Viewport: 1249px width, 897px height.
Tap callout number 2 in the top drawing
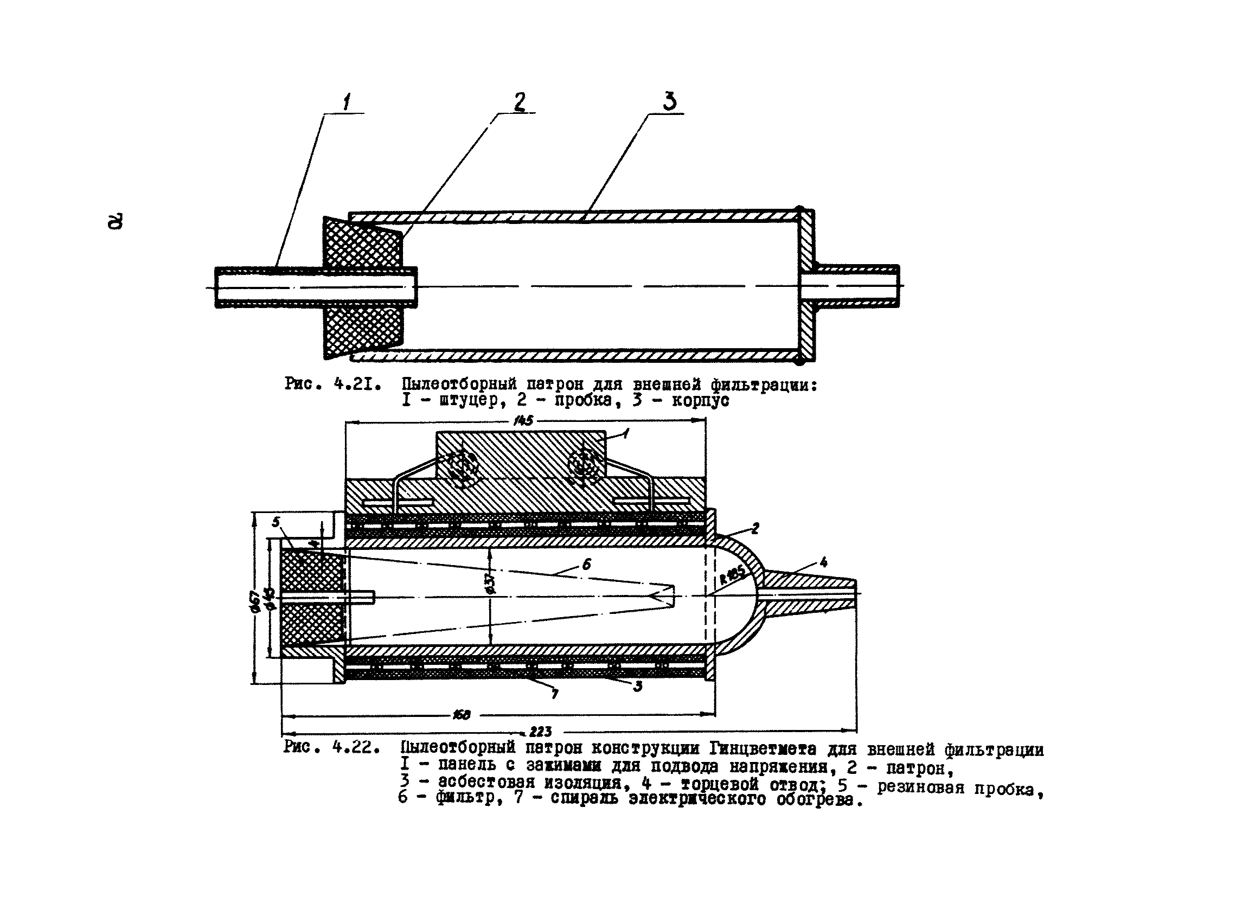(x=520, y=102)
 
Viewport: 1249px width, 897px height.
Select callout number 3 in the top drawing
(x=669, y=101)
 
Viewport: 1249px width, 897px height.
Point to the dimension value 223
(x=540, y=732)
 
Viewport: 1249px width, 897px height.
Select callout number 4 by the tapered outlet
(x=823, y=562)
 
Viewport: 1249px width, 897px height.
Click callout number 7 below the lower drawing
(x=555, y=694)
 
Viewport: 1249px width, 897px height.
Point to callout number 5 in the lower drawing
(x=276, y=522)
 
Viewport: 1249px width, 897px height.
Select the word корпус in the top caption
(x=700, y=400)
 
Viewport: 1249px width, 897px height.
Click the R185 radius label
(x=732, y=575)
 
